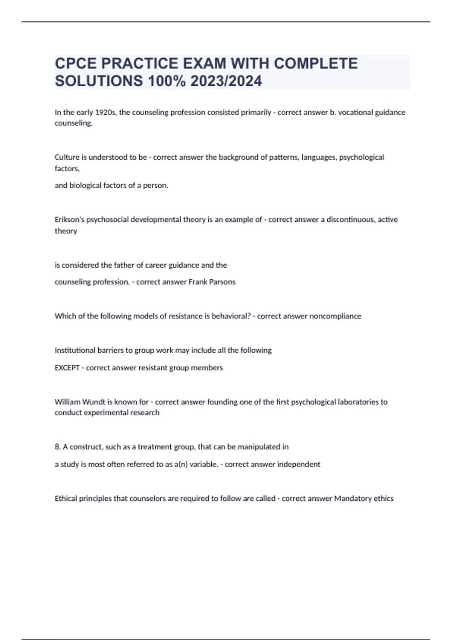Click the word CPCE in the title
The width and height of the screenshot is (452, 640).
coord(76,63)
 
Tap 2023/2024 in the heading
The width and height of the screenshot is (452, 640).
coord(226,81)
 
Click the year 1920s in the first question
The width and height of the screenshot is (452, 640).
coord(105,112)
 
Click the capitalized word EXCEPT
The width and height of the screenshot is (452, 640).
coord(67,367)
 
